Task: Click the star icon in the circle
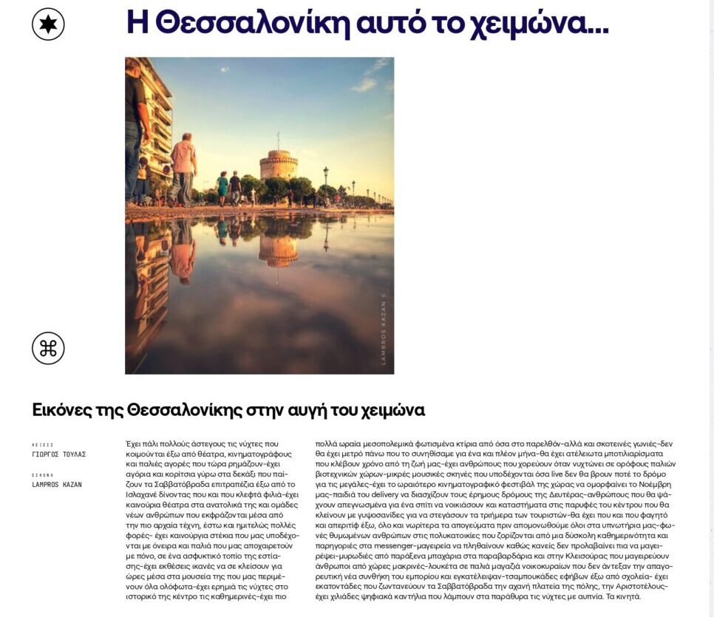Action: (48, 24)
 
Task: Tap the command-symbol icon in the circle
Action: (48, 348)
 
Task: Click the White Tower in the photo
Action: (279, 164)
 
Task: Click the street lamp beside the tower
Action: (325, 185)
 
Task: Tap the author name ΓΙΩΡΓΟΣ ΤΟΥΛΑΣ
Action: (59, 454)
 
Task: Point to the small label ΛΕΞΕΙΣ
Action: (42, 445)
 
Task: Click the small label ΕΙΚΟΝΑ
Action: (42, 475)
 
